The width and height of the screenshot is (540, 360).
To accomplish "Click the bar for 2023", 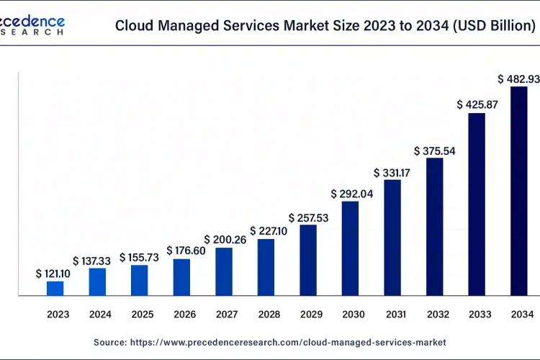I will [x=55, y=288].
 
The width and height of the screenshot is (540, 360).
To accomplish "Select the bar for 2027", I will [x=224, y=271].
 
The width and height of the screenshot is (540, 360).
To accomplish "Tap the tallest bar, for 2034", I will [x=518, y=191].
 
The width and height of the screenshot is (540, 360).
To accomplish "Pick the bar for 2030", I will [x=350, y=248].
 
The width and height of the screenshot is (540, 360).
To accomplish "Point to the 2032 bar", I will [x=435, y=226].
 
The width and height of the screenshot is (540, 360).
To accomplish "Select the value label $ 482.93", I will [x=518, y=78].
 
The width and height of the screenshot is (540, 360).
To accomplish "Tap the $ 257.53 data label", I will [x=308, y=217].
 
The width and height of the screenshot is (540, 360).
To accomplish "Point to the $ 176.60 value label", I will [x=181, y=251].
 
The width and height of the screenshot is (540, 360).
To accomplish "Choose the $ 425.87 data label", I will [x=476, y=104].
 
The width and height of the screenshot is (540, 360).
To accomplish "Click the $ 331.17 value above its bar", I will [x=392, y=173].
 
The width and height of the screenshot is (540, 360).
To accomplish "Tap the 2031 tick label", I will [x=392, y=314].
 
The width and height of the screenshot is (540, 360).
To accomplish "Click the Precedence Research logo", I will [x=32, y=24].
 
